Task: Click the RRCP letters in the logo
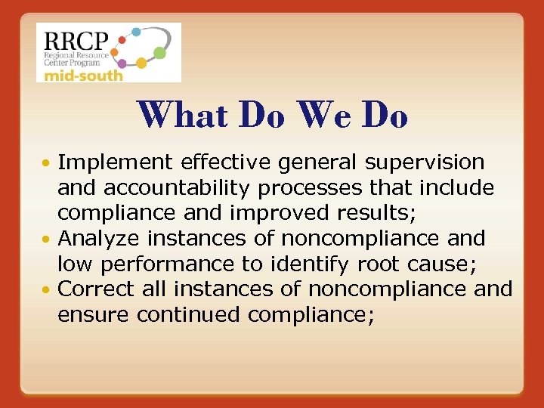pyautogui.click(x=76, y=40)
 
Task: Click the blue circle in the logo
pyautogui.click(x=136, y=32)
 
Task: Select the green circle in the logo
pyautogui.click(x=160, y=53)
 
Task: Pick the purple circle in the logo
pyautogui.click(x=122, y=64)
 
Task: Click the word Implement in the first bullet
pyautogui.click(x=113, y=162)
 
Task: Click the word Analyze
pyautogui.click(x=99, y=239)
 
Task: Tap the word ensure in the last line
pyautogui.click(x=94, y=315)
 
